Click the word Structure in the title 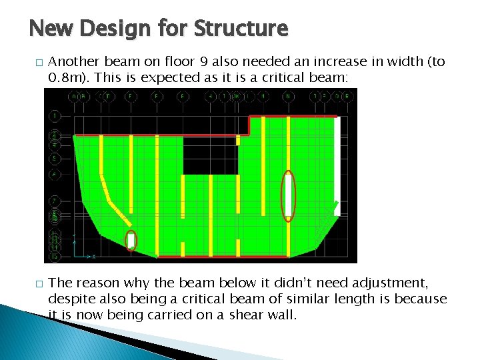(x=242, y=29)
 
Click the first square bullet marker (x=34, y=63)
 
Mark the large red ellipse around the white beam (x=287, y=195)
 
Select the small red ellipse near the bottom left (x=131, y=239)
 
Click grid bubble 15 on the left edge (x=54, y=256)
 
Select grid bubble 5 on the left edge (x=54, y=159)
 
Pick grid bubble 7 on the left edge (x=54, y=200)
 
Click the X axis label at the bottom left (x=93, y=256)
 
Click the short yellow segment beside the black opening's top (x=238, y=140)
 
